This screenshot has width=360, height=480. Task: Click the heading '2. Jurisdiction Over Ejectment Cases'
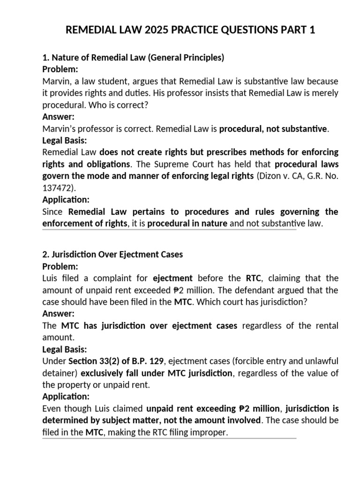pos(112,255)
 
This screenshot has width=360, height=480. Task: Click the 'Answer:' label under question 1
pos(58,117)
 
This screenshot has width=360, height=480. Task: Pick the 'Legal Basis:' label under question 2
pos(64,350)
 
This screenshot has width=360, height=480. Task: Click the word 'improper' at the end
pos(209,433)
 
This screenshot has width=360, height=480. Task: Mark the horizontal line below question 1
pos(169,230)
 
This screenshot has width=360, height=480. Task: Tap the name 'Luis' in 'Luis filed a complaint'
pos(50,278)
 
